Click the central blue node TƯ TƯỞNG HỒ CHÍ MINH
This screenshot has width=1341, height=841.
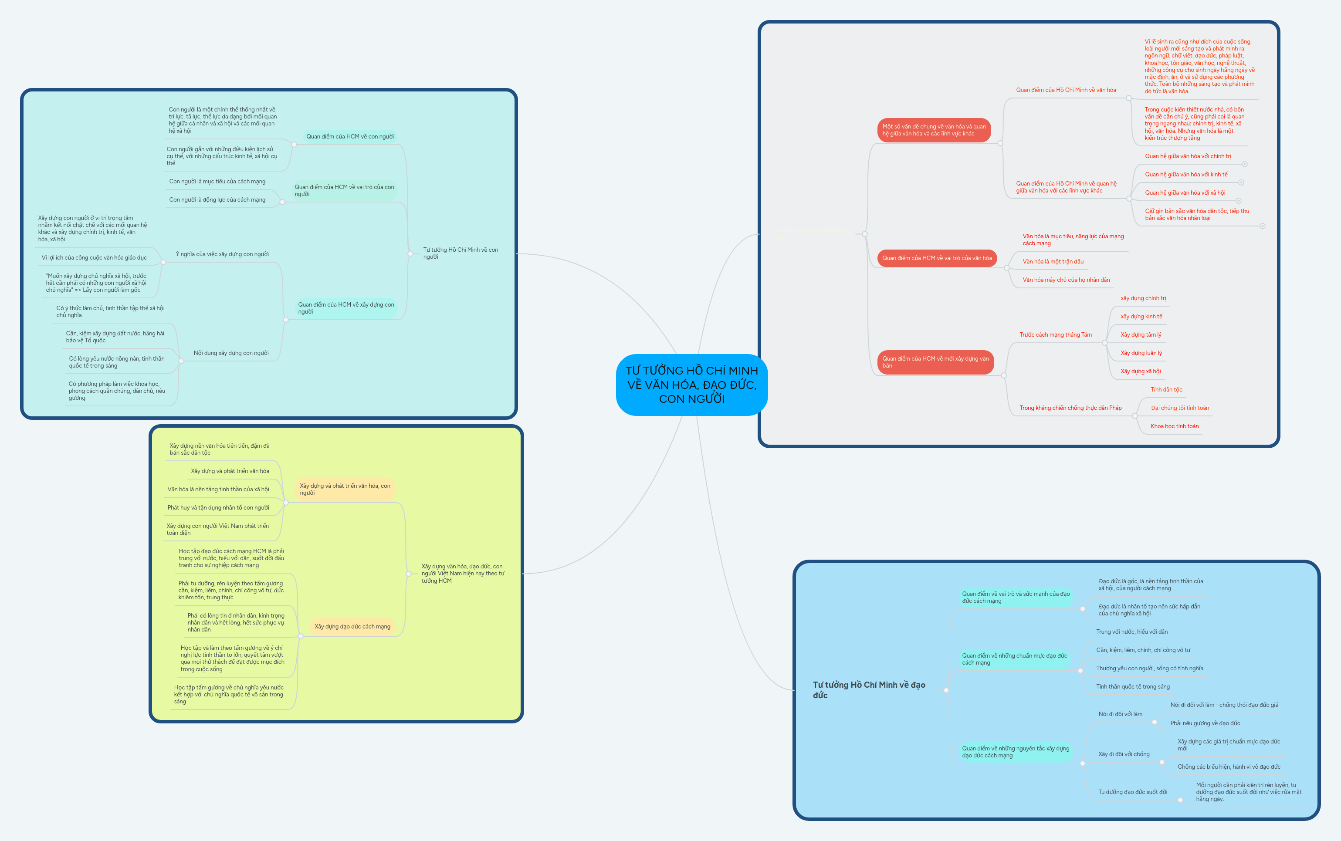(x=692, y=384)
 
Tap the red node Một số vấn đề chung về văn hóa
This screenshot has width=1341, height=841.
(x=934, y=130)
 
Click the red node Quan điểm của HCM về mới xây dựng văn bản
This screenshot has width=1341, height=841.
(x=935, y=362)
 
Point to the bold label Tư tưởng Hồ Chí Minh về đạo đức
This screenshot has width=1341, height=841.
(x=869, y=690)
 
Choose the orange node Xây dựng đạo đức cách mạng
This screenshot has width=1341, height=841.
(x=352, y=627)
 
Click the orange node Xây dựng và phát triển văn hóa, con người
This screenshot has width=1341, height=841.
(x=345, y=490)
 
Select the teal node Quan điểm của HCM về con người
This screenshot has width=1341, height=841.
(x=349, y=137)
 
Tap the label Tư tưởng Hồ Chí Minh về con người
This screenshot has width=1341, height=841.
(x=460, y=253)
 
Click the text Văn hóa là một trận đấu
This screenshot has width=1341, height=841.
(x=1053, y=261)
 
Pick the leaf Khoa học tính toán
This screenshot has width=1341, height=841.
(x=1174, y=426)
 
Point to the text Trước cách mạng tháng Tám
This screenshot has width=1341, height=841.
(x=1055, y=335)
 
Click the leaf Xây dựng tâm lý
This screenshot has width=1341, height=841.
(x=1141, y=335)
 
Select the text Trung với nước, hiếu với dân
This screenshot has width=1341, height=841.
(x=1131, y=632)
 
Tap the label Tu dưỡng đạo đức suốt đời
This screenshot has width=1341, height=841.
(x=1132, y=792)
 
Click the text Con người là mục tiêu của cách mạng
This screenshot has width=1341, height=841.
(x=217, y=182)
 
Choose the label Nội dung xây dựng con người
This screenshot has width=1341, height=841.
(x=231, y=353)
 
